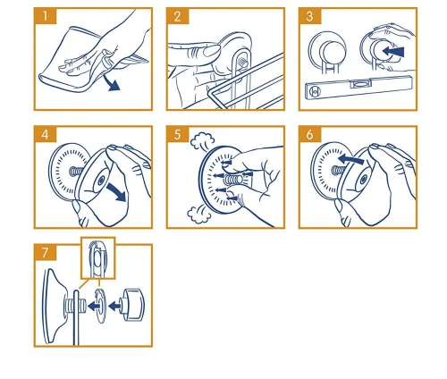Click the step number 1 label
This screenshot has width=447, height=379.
click(46, 16)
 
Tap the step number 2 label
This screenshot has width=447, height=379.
click(178, 16)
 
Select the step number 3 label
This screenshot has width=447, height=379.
click(310, 16)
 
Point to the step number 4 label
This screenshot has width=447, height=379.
click(46, 134)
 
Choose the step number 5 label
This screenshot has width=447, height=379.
click(178, 134)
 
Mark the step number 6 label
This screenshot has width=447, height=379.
click(310, 134)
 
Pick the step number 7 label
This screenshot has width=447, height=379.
click(46, 252)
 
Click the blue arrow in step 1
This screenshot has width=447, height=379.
click(112, 83)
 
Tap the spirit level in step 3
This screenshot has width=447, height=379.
click(358, 87)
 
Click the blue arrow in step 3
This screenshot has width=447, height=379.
click(393, 52)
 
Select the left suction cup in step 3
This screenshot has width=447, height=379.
click(327, 51)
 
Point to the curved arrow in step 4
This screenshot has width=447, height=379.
click(117, 192)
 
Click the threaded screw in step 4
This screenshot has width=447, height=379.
click(76, 171)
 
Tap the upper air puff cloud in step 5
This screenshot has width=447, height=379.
click(203, 140)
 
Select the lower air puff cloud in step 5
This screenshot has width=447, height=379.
click(198, 215)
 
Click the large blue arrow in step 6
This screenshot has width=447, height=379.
click(351, 159)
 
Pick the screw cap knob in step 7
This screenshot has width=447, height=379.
click(131, 305)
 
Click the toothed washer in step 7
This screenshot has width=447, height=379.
click(100, 306)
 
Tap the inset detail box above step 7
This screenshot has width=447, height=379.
click(98, 258)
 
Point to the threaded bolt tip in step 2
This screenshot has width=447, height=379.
click(243, 63)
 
